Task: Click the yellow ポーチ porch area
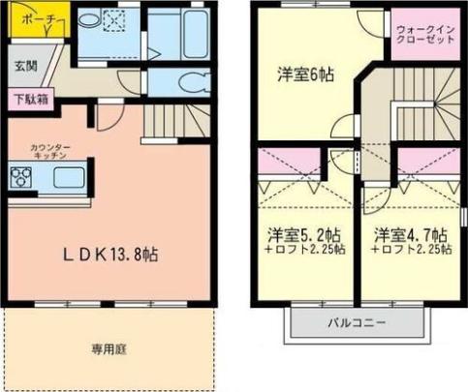pos(39,20)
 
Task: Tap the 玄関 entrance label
pos(26,66)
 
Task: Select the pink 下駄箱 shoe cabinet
pos(31,99)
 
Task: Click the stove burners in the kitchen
pos(21,177)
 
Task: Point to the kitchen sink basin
pos(69,177)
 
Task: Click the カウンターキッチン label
pos(50,152)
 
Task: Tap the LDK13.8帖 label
pos(110,255)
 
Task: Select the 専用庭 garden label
pos(109,349)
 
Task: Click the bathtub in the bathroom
pos(195,34)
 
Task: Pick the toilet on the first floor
pos(193,82)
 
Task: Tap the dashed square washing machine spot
pos(113,20)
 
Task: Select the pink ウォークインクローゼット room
pos(425,34)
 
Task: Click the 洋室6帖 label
pos(305,75)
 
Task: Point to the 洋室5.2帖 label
pos(304,235)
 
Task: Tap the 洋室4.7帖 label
pos(411,235)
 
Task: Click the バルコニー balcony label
pos(357,322)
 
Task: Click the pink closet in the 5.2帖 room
pos(290,161)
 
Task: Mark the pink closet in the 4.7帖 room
pos(428,161)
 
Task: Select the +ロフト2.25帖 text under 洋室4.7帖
pos(411,250)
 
